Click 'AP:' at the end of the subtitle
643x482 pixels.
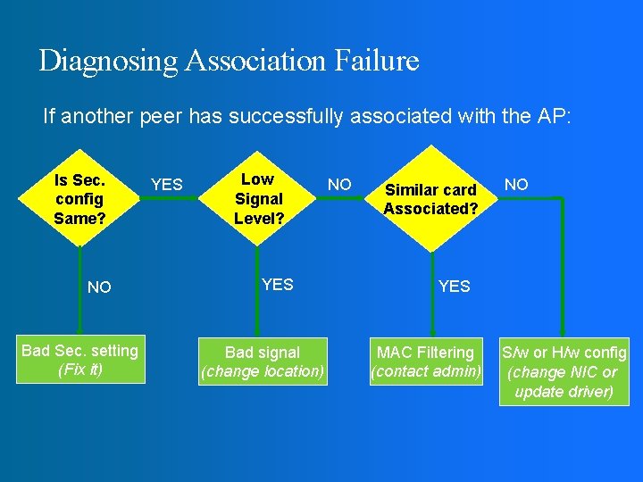point(552,116)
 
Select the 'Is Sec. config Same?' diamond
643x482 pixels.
point(79,198)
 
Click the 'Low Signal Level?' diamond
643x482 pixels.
point(258,198)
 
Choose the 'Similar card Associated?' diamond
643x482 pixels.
point(431,198)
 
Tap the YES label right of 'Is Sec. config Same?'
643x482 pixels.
point(166,185)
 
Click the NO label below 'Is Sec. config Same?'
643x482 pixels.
point(100,287)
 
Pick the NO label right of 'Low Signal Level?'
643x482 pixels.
point(339,185)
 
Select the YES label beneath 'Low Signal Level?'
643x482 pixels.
point(278,285)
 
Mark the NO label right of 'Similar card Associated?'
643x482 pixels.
point(516,185)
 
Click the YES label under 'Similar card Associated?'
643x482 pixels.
point(455,287)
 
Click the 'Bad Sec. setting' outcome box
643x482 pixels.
point(79,360)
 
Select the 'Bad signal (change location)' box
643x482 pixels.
point(263,361)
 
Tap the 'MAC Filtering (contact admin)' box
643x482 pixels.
point(426,361)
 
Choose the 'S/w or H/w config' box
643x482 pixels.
point(564,371)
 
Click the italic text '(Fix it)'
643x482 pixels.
point(79,370)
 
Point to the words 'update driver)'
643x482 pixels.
point(564,392)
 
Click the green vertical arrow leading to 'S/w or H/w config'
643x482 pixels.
point(563,268)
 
